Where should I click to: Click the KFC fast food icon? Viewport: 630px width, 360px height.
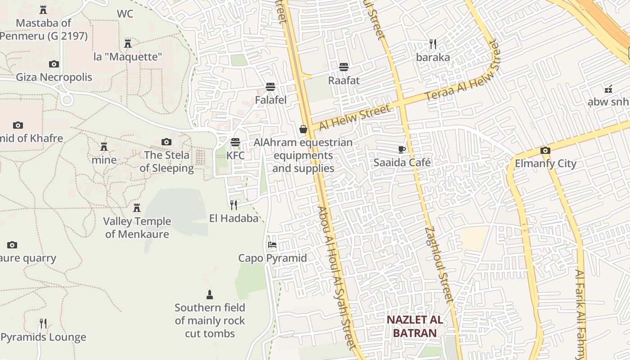point(235,142)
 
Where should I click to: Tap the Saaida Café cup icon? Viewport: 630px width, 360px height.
point(402,149)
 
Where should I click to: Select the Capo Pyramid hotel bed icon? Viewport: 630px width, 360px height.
point(272,245)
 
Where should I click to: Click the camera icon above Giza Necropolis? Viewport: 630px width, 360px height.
point(54,64)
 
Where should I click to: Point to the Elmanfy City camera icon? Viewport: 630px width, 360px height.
point(545,150)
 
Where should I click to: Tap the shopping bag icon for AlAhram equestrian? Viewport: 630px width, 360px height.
point(303,129)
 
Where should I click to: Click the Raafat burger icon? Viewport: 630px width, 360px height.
point(344,67)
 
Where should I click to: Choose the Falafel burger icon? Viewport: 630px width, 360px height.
point(270,86)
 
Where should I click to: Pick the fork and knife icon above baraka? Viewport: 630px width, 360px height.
point(433,44)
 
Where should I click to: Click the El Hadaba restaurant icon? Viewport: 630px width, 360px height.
point(234,205)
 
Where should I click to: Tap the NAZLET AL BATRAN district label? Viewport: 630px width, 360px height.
point(415,326)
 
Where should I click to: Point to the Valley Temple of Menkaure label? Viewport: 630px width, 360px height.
point(137,227)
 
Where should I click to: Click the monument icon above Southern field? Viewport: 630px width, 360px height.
point(209,295)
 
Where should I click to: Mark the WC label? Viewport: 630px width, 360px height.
point(125,14)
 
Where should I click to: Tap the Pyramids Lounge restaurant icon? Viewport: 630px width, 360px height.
point(43,324)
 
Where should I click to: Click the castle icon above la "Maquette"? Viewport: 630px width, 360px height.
point(128,44)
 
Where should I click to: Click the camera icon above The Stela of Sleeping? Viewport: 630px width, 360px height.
point(166,142)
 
